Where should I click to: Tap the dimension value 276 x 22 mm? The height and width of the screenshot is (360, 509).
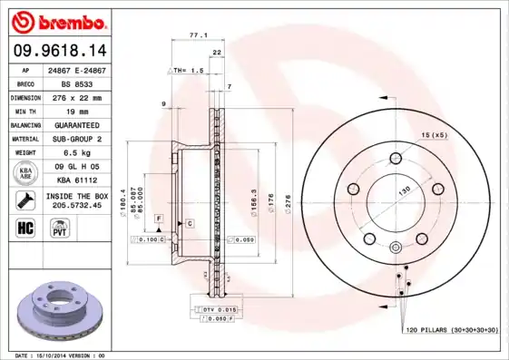[74, 96]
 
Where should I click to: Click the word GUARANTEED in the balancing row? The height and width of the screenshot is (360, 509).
[74, 124]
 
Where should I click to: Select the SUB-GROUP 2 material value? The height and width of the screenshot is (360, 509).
[74, 139]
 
